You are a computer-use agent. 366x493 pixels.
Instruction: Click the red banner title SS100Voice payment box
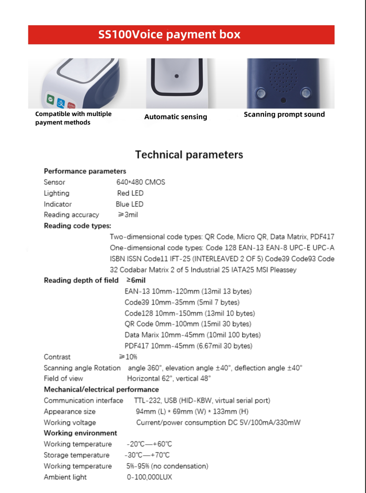169,35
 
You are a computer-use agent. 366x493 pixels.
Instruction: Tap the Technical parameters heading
189,155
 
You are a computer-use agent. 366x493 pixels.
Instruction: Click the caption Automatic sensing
175,117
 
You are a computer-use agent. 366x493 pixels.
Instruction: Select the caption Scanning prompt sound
284,114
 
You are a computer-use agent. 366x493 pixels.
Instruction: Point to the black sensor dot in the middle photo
177,76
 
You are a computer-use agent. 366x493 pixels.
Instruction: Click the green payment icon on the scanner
50,98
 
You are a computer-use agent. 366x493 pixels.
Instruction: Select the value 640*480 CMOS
140,182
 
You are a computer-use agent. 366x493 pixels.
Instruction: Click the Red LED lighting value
130,193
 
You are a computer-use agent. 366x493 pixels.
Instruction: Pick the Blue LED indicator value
130,204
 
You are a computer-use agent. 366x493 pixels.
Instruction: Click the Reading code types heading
77,226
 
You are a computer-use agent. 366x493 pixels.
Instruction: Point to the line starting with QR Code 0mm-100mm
187,324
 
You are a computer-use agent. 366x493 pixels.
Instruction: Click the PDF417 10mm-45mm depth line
188,346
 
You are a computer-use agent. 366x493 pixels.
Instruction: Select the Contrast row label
57,357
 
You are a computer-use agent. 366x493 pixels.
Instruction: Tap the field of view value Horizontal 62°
169,379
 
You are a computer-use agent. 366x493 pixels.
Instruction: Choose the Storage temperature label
77,455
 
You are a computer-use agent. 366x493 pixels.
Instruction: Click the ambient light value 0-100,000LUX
149,477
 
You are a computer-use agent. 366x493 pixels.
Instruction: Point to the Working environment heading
80,433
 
